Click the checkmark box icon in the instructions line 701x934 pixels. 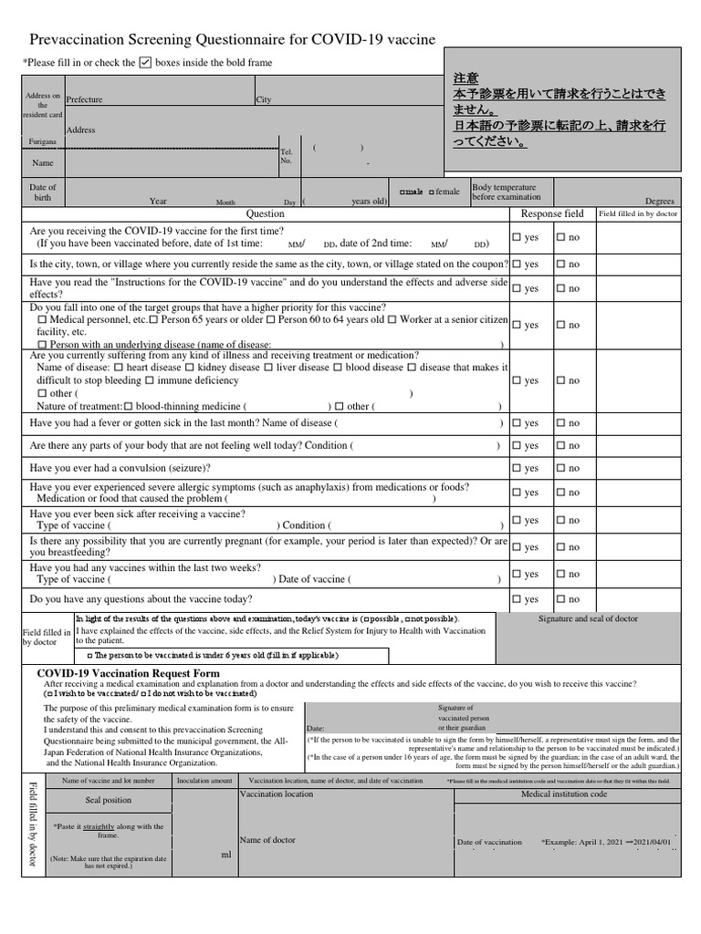145,62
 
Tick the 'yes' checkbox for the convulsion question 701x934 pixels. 517,469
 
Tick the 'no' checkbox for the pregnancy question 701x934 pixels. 560,547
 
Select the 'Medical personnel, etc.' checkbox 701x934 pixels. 42,320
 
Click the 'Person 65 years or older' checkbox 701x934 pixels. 153,320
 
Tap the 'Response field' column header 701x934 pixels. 551,213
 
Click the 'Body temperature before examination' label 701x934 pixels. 504,192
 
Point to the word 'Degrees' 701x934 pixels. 659,202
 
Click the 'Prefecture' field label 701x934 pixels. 84,99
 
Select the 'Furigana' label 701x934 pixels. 42,142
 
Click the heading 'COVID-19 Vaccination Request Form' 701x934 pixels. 128,673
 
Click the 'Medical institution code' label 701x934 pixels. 563,794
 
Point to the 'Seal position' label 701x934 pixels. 108,800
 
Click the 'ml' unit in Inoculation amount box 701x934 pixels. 226,855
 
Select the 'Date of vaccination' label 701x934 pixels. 489,842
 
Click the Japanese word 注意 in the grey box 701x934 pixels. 466,78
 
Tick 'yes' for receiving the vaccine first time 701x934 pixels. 517,237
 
